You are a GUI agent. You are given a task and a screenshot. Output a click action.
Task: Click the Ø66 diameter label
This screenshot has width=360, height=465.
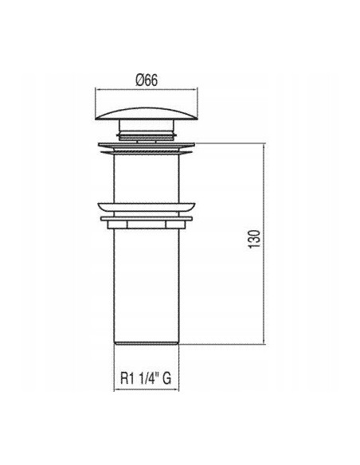coord(147,80)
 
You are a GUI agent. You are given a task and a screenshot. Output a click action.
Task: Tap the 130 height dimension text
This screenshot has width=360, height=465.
coord(254,239)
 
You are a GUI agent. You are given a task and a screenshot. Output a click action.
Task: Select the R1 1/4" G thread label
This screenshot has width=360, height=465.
coord(146,378)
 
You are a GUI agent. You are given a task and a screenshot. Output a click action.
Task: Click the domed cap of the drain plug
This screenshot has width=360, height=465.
coord(147,114)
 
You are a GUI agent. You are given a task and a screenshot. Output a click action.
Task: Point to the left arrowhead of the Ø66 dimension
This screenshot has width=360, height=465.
coord(97,88)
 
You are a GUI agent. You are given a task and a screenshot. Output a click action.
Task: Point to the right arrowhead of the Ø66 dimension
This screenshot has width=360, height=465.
coord(195,88)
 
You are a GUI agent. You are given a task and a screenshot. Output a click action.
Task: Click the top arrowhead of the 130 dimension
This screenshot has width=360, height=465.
coord(264,146)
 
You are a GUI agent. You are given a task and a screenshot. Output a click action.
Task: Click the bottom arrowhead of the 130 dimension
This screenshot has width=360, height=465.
coord(264,342)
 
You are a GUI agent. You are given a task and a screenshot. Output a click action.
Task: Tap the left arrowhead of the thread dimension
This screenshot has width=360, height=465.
coord(116,389)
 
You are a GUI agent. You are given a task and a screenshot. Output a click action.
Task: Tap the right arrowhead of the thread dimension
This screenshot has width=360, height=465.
coord(177,389)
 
